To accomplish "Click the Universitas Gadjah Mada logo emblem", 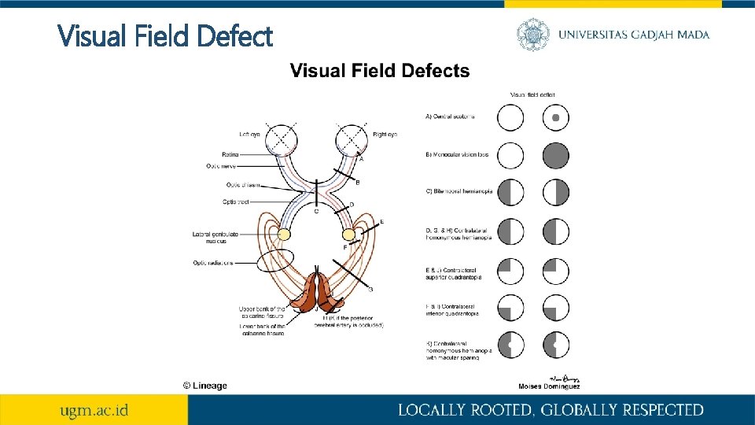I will pyautogui.click(x=532, y=34).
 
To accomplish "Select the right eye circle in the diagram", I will pyautogui.click(x=352, y=141).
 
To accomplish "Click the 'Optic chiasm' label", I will pyautogui.click(x=243, y=185).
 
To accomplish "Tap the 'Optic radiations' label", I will pyautogui.click(x=213, y=263).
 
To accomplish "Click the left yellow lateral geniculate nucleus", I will pyautogui.click(x=285, y=234).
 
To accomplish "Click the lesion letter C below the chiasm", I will pyautogui.click(x=316, y=211).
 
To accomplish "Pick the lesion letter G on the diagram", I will pyautogui.click(x=370, y=290).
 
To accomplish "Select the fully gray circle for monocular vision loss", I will pyautogui.click(x=555, y=156).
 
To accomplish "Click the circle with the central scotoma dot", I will pyautogui.click(x=555, y=118).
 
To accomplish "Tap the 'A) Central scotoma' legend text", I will pyautogui.click(x=450, y=117).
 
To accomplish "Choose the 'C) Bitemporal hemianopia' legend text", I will pyautogui.click(x=459, y=192).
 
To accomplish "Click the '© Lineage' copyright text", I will pyautogui.click(x=204, y=386).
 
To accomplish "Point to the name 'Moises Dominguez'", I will pyautogui.click(x=550, y=386).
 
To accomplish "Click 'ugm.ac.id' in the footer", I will pyautogui.click(x=95, y=410).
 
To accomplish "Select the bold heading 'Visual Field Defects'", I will pyautogui.click(x=380, y=72).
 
